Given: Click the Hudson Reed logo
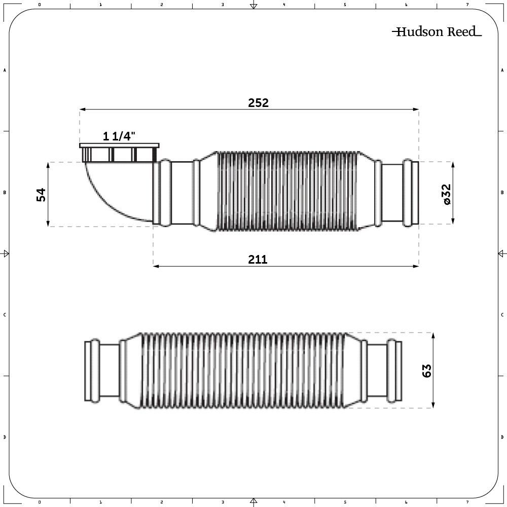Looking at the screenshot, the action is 437,31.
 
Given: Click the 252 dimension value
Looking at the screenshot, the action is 259,103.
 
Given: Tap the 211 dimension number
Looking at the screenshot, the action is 258,259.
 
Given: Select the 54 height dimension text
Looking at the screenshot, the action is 42,195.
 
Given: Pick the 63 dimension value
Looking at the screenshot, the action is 427,371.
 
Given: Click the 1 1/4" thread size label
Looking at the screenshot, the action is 119,136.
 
